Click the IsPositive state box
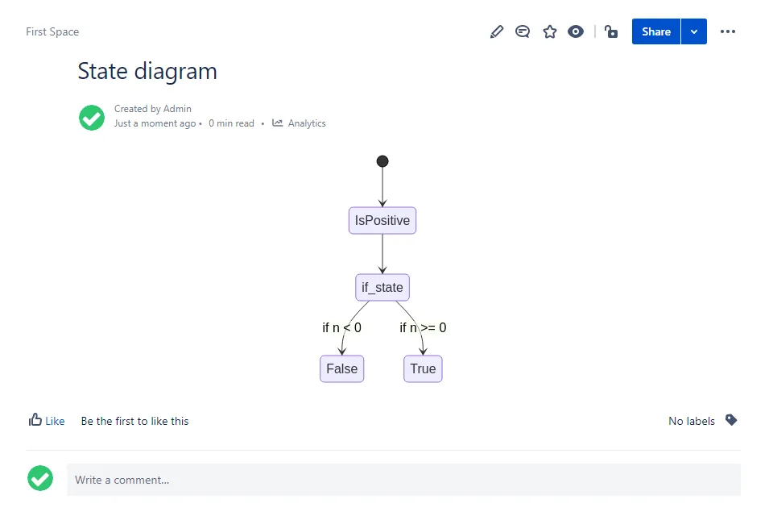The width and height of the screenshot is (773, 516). pyautogui.click(x=382, y=220)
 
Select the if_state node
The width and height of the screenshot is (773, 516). pyautogui.click(x=382, y=287)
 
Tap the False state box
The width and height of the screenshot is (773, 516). pyautogui.click(x=341, y=368)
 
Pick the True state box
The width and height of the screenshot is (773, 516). pyautogui.click(x=423, y=368)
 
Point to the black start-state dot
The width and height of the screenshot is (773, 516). pyautogui.click(x=382, y=161)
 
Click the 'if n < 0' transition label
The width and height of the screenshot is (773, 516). pyautogui.click(x=341, y=327)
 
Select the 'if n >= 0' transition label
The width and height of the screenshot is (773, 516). pyautogui.click(x=423, y=327)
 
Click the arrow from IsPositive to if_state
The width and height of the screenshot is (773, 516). pyautogui.click(x=382, y=254)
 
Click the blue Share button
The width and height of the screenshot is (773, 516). pyautogui.click(x=656, y=31)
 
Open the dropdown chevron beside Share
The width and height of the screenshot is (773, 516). pyautogui.click(x=694, y=31)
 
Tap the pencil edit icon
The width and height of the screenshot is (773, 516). pyautogui.click(x=497, y=31)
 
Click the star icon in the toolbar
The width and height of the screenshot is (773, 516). pyautogui.click(x=550, y=31)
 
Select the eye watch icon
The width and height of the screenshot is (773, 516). pyautogui.click(x=575, y=31)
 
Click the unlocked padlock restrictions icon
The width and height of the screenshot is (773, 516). pyautogui.click(x=611, y=31)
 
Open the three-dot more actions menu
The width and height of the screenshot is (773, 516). pyautogui.click(x=728, y=31)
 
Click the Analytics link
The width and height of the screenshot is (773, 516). pyautogui.click(x=300, y=123)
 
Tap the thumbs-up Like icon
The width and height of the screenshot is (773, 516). pyautogui.click(x=35, y=420)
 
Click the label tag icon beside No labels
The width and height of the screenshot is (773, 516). pyautogui.click(x=731, y=420)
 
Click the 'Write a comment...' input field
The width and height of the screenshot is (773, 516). pyautogui.click(x=403, y=480)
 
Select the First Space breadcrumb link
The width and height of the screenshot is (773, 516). pyautogui.click(x=52, y=31)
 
